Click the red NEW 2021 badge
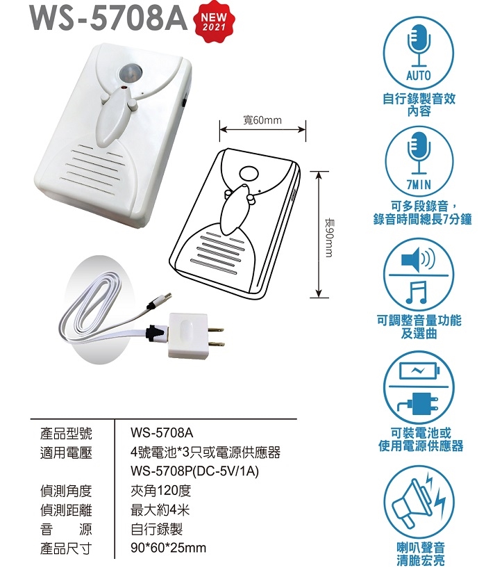214,22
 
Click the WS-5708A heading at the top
109,17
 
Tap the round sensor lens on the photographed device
129,72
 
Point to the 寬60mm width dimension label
262,120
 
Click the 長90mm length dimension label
330,238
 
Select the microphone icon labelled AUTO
419,53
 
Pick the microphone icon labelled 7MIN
419,162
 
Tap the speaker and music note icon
419,275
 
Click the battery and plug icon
419,387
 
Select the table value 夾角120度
160,491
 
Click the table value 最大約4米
160,510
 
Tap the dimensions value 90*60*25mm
169,548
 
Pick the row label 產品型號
66,433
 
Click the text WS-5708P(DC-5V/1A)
195,471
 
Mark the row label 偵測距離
66,510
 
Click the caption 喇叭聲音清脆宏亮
420,554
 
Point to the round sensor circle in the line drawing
249,173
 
